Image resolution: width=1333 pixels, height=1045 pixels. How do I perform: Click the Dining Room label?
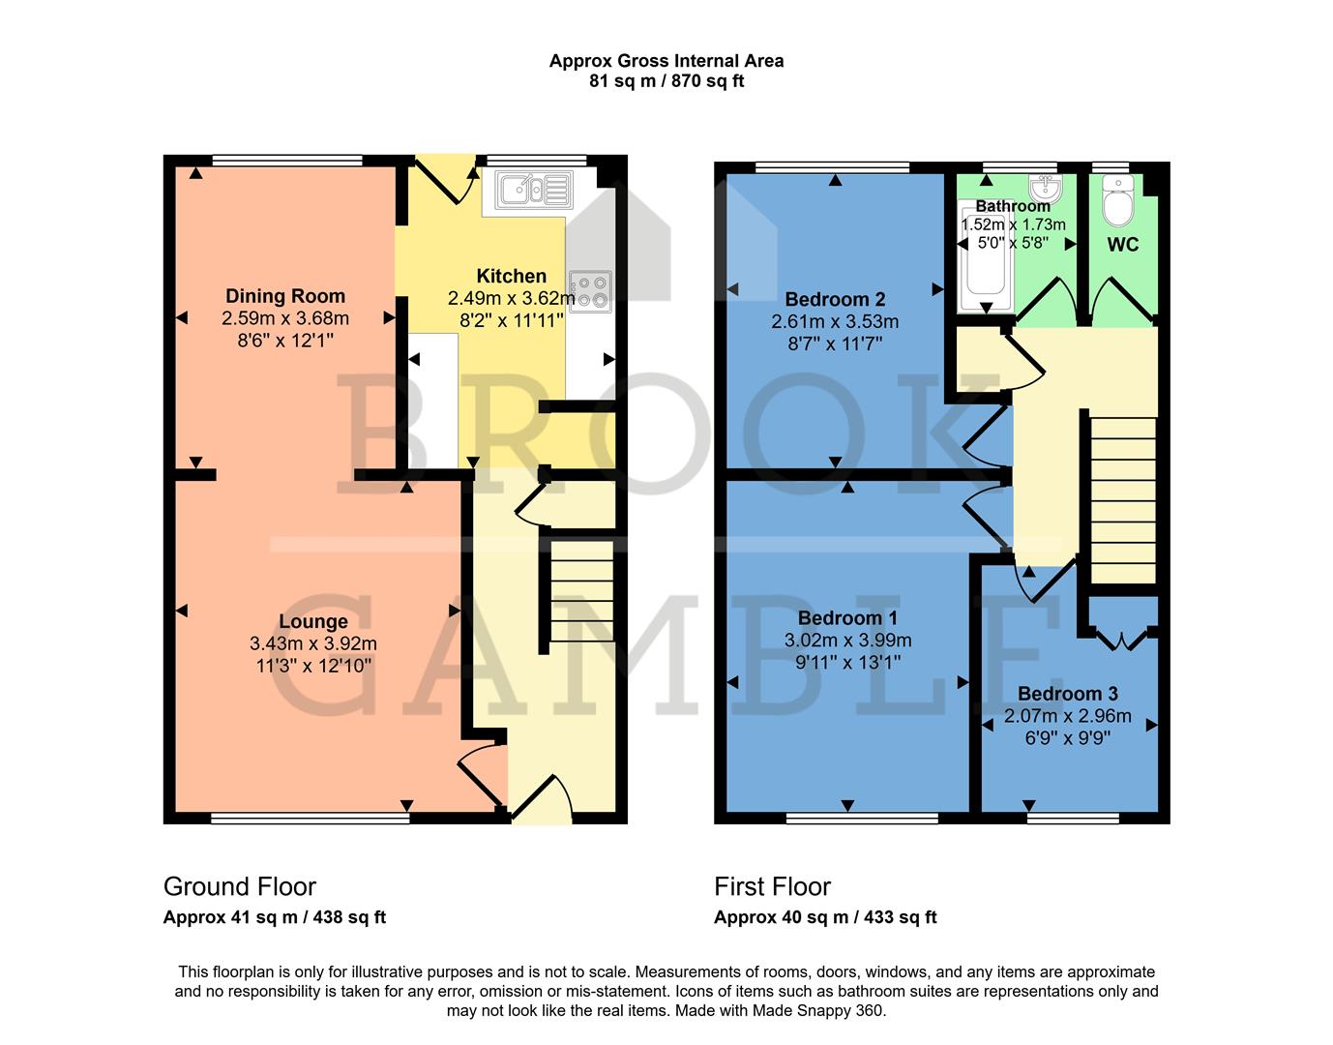pos(284,296)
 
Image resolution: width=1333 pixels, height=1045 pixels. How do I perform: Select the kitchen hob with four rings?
pos(590,290)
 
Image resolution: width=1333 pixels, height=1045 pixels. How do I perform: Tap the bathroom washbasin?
pos(1045,186)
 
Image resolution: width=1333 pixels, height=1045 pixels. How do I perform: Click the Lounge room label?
pos(312,622)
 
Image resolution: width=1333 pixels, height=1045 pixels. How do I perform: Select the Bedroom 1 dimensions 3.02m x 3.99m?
pos(847,641)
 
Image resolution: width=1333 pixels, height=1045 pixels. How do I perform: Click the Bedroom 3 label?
pos(1067,694)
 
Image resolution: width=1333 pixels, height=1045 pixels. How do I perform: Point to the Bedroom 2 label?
pos(835,299)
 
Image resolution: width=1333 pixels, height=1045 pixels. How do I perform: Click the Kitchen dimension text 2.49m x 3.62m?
pos(511,298)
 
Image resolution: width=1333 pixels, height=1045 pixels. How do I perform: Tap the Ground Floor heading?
pos(239,886)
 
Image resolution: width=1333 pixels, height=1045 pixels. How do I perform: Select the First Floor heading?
pos(772,886)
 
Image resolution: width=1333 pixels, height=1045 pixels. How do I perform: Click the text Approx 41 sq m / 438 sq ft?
pos(274,917)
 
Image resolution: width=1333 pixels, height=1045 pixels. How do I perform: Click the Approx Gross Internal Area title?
pos(666,61)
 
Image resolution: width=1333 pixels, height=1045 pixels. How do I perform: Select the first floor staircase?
pos(1123,500)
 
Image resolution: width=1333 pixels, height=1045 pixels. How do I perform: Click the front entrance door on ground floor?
pos(542,801)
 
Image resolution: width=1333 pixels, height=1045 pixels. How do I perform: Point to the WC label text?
pos(1122,245)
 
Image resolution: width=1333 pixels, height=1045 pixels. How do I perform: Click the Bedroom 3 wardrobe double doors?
pos(1122,639)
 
